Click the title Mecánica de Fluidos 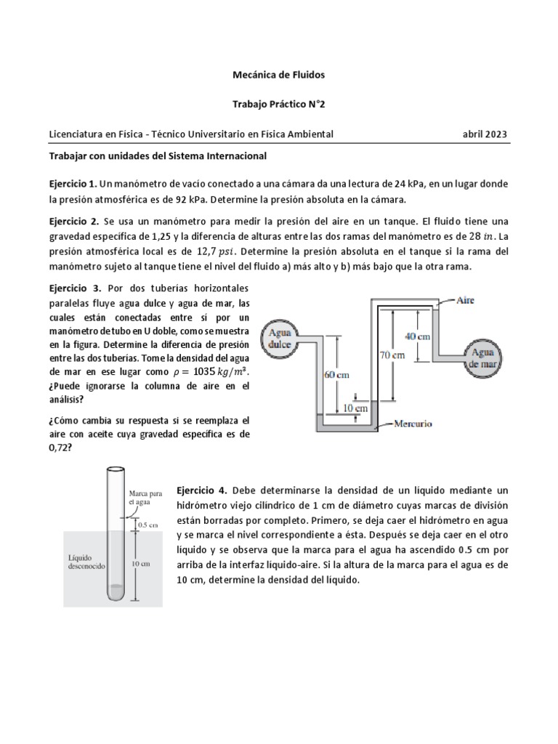pos(278,74)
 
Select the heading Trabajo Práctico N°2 pos(278,104)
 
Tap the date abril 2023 pos(485,134)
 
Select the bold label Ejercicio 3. pos(73,288)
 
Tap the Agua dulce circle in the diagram pos(280,338)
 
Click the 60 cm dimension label pos(335,375)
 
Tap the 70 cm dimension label pos(392,355)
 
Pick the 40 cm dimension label pos(418,336)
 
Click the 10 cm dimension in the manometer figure pos(355,410)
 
